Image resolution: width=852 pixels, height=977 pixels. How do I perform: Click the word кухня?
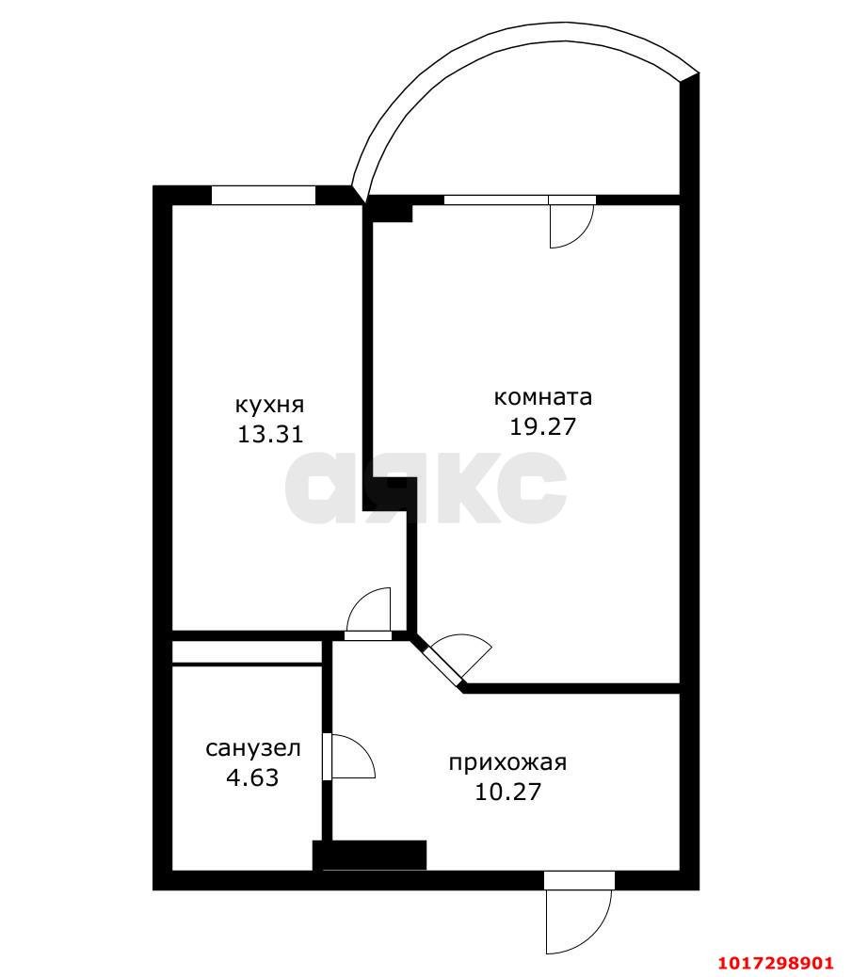[269, 406]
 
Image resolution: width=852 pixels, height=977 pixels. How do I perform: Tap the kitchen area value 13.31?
[270, 434]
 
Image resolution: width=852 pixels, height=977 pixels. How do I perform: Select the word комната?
[543, 397]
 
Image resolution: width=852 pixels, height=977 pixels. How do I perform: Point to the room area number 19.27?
[543, 426]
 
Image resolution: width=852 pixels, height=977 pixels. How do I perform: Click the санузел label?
[253, 748]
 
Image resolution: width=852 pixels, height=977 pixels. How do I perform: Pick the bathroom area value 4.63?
[252, 777]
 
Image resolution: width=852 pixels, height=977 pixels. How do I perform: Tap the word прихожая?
[508, 762]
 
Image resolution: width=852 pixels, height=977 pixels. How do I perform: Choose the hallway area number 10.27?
[508, 792]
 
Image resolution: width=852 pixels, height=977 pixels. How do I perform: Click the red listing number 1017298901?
[776, 963]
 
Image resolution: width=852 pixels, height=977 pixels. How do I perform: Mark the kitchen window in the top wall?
[264, 195]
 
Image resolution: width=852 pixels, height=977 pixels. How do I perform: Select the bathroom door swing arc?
[353, 757]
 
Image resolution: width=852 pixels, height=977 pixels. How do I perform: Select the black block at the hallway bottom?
[370, 855]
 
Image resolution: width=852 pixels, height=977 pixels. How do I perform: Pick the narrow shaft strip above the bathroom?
[247, 652]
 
